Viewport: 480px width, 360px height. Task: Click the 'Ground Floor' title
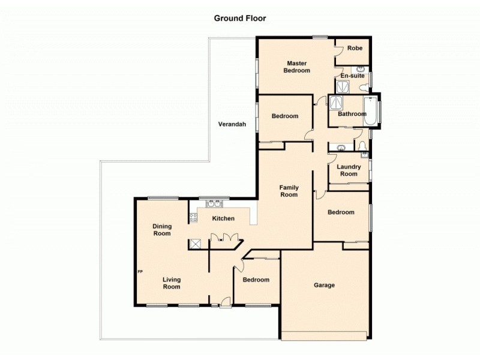[240, 18]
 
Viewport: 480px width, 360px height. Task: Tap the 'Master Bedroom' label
[297, 67]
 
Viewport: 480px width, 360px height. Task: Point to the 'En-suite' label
[352, 76]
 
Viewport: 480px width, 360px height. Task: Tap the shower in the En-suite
[341, 86]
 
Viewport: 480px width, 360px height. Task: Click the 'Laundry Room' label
[348, 170]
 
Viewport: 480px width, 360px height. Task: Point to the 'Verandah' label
[232, 125]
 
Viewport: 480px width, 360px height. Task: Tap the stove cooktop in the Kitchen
[194, 218]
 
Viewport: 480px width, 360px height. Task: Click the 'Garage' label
[324, 285]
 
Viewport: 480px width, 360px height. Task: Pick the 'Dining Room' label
[162, 230]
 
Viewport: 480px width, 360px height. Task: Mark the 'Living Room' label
[171, 283]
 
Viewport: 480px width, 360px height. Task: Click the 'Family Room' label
[289, 191]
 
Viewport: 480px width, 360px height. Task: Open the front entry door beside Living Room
[224, 304]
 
